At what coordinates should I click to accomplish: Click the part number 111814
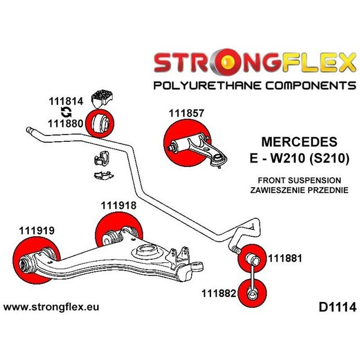click(66, 102)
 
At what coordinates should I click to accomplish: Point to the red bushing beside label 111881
click(253, 258)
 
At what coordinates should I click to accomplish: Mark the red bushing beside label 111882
click(252, 293)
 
